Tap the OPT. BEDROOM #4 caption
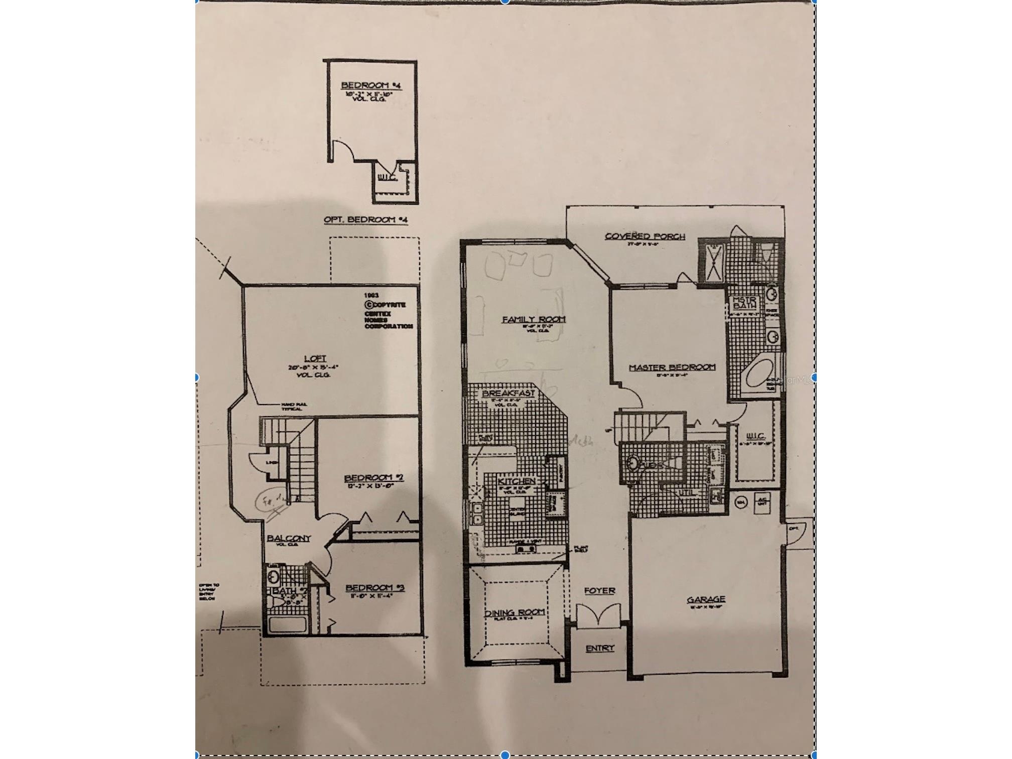(x=366, y=220)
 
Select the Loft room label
(x=315, y=358)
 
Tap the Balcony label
(x=289, y=538)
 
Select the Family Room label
(x=534, y=319)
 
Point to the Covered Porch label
(x=645, y=236)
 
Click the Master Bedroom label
(x=672, y=367)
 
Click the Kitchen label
(x=516, y=481)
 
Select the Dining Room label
(x=514, y=612)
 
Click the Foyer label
(x=599, y=591)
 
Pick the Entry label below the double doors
(x=600, y=648)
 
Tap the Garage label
(x=706, y=599)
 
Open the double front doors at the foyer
(x=599, y=615)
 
